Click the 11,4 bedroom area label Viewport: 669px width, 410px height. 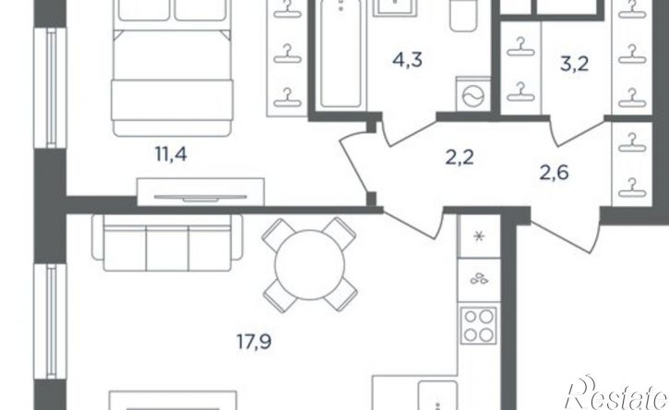pos(171,153)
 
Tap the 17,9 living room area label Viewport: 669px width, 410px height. pos(255,342)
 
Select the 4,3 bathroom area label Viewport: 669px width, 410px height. pos(408,60)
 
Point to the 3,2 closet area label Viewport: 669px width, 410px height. pos(574,64)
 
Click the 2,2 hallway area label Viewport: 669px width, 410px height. pos(460,158)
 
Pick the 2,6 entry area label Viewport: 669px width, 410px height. pos(555,173)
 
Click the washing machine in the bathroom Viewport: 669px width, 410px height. pos(473,94)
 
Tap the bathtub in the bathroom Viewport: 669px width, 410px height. pos(340,54)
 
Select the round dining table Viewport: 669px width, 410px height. pos(310,265)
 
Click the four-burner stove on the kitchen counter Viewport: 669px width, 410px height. pos(478,325)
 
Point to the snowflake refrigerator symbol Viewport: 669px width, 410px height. pos(479,236)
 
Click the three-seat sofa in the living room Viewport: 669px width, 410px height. pos(167,242)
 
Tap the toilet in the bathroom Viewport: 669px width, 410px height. pos(463,16)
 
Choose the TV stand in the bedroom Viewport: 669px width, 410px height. pos(200,192)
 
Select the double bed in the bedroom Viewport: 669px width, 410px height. pos(172,68)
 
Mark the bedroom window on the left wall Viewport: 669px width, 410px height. pos(51,88)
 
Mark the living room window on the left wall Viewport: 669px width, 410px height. pos(51,321)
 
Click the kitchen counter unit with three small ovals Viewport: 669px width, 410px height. pos(479,280)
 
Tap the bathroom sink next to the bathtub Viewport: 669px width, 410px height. pos(395,8)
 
